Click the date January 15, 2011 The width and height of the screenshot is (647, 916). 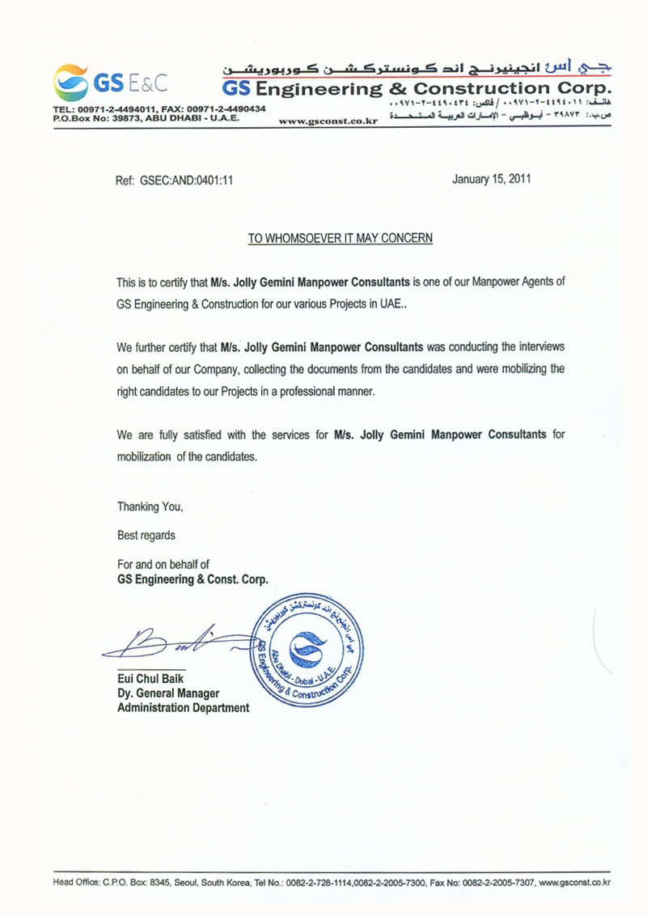492,180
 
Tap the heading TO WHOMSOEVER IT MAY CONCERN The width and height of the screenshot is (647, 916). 340,238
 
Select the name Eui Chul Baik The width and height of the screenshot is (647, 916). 150,678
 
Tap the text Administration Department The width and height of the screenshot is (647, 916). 183,708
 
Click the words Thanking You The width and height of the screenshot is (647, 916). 150,507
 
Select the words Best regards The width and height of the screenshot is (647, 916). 146,535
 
